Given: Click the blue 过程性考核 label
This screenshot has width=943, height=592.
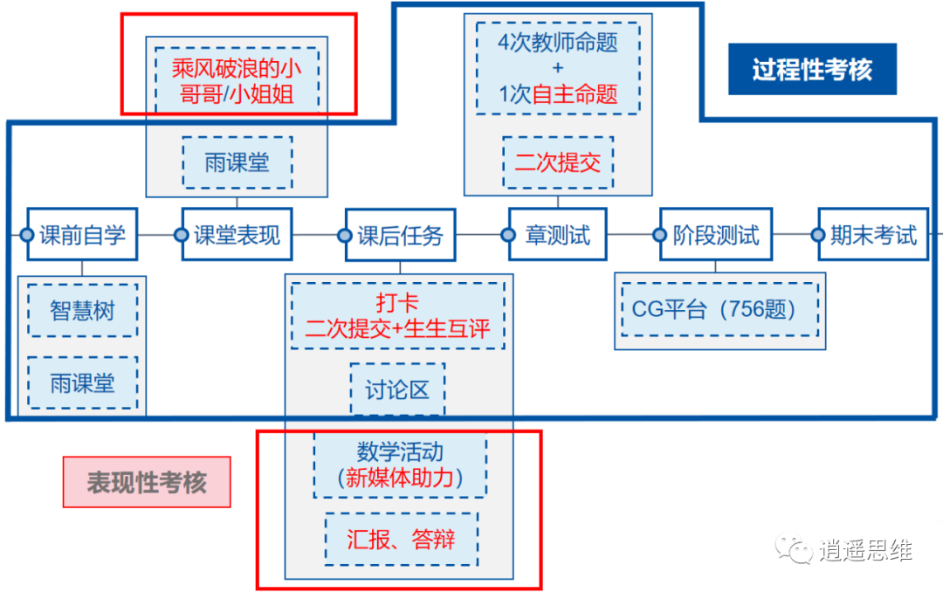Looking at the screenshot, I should tap(812, 70).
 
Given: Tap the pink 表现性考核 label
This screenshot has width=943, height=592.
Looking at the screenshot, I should tap(147, 482).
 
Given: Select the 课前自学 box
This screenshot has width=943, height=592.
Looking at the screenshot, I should tap(82, 235).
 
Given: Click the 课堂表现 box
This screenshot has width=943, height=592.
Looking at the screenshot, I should tap(237, 235).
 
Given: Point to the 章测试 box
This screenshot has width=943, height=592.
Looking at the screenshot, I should tap(557, 235).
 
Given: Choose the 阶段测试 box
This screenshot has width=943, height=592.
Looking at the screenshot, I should tap(715, 235).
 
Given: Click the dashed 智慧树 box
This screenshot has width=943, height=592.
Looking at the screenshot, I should tap(82, 310).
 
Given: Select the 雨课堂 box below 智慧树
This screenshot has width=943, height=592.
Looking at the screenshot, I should tap(82, 382).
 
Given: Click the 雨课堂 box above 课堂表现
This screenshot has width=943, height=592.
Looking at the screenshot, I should tap(237, 162).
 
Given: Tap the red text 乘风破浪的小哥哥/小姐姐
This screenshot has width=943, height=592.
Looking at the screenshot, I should tap(237, 80).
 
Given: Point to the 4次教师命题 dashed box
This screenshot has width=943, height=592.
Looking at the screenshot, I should tap(558, 68).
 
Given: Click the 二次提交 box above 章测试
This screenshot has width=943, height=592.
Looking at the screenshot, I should tap(558, 162).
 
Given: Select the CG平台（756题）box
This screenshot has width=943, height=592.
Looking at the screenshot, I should tap(719, 309).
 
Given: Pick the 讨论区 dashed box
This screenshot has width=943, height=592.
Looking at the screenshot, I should tap(397, 389).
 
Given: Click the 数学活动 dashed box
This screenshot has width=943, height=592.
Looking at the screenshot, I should tap(400, 465).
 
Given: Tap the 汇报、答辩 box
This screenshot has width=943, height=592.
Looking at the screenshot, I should tap(401, 539).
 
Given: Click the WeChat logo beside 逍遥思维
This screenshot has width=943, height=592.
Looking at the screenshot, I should tap(794, 550).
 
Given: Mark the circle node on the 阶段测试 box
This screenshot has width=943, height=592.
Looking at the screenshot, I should tap(660, 235).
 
